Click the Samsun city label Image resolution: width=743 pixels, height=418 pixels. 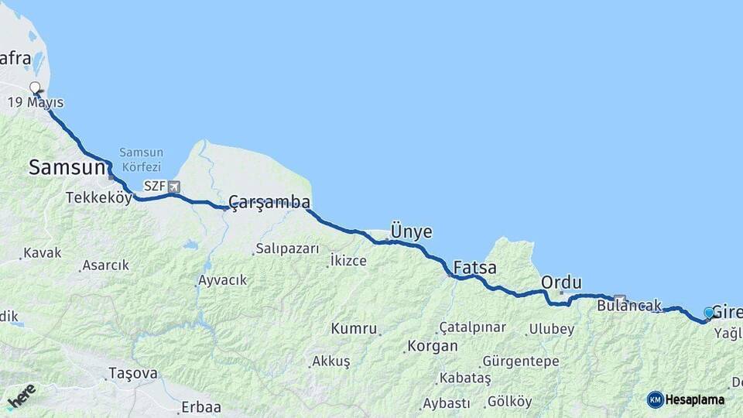click(x=67, y=167)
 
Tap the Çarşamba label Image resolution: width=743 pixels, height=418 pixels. click(x=269, y=203)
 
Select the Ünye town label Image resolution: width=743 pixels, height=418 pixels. click(x=411, y=232)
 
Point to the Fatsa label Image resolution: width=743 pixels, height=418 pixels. click(x=474, y=268)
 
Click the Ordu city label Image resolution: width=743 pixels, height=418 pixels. click(x=561, y=283)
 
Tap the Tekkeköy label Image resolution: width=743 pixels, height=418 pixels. click(x=99, y=197)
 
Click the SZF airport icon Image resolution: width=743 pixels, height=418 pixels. click(x=174, y=187)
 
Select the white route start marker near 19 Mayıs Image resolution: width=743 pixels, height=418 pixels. click(x=35, y=87)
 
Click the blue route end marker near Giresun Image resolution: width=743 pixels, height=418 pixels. click(x=709, y=313)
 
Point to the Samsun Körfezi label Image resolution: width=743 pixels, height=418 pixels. click(x=140, y=159)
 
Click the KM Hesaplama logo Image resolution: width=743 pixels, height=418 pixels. click(x=686, y=399)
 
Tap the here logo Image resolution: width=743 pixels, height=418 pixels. click(x=21, y=395)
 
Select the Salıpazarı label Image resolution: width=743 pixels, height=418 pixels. click(x=287, y=249)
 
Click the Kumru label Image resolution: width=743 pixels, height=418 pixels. click(x=354, y=328)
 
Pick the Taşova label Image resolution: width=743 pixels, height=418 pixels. click(x=132, y=373)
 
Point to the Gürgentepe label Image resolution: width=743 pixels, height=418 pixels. click(x=519, y=361)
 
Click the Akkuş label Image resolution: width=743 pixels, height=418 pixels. click(x=331, y=361)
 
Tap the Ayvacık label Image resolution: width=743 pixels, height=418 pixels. click(x=222, y=280)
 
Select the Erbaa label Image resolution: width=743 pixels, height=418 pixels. click(x=200, y=407)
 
